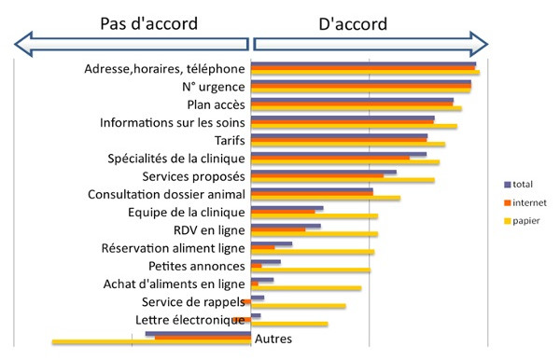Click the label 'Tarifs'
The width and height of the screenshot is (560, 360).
click(x=230, y=140)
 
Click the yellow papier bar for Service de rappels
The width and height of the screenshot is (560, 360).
click(x=299, y=306)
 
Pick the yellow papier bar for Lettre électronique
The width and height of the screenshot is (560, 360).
click(x=290, y=324)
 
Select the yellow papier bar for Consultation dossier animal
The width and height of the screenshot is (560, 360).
click(x=327, y=198)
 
